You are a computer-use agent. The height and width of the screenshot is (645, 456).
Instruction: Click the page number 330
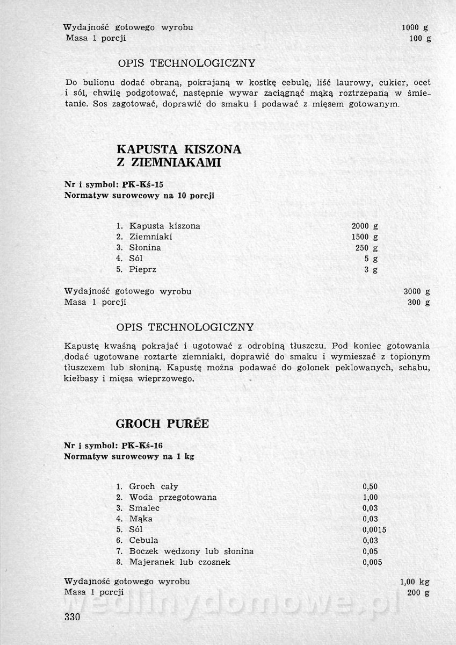pyautogui.click(x=71, y=617)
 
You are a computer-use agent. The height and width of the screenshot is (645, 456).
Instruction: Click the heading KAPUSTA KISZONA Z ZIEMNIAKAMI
pyautogui.click(x=178, y=156)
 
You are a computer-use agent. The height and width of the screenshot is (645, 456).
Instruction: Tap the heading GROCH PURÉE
pyautogui.click(x=162, y=424)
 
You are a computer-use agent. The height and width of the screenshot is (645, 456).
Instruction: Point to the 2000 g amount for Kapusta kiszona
pyautogui.click(x=364, y=226)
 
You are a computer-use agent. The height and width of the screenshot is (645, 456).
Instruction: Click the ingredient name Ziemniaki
pyautogui.click(x=151, y=237)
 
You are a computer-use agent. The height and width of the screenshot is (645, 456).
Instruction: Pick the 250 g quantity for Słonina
pyautogui.click(x=366, y=248)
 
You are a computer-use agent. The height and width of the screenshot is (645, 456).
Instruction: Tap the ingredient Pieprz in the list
pyautogui.click(x=143, y=269)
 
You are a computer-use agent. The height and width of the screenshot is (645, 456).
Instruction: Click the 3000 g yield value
pyautogui.click(x=417, y=291)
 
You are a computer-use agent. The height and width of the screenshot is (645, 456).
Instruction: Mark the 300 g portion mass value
pyautogui.click(x=419, y=302)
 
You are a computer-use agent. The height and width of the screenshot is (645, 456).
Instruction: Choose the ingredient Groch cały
pyautogui.click(x=154, y=486)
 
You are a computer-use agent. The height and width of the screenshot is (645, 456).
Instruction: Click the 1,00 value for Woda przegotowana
pyautogui.click(x=371, y=497)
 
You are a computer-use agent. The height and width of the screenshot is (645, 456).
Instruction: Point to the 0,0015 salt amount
pyautogui.click(x=374, y=529)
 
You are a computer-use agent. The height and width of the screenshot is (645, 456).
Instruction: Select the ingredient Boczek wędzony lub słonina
pyautogui.click(x=191, y=551)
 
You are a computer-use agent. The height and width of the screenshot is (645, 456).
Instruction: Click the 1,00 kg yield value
pyautogui.click(x=415, y=582)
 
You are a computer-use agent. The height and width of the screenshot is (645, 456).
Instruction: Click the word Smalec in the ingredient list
pyautogui.click(x=144, y=508)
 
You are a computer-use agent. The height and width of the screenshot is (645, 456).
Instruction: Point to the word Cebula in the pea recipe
pyautogui.click(x=143, y=540)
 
